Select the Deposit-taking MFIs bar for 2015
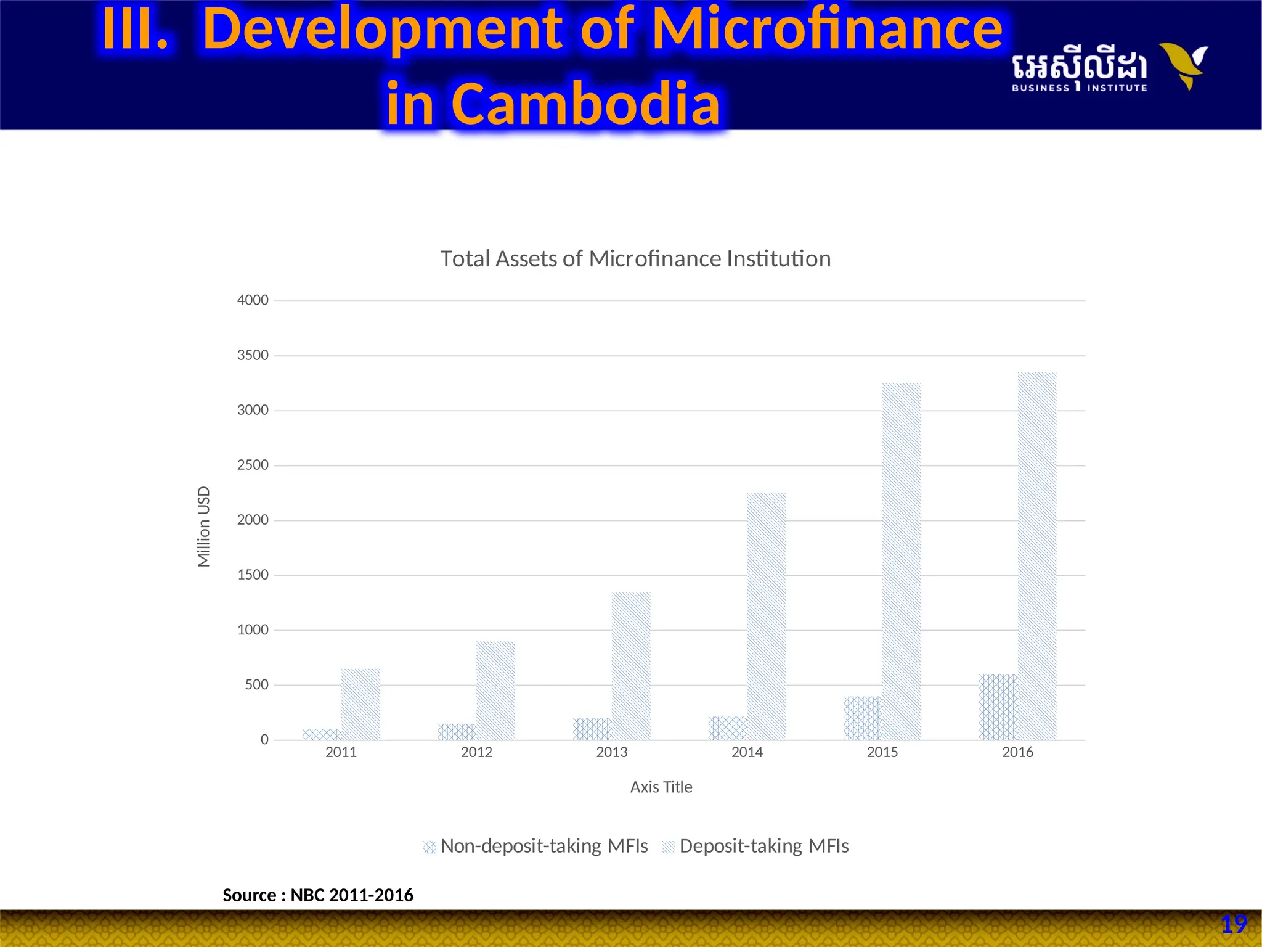902,562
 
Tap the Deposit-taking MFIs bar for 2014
767,617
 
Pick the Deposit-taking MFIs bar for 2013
631,666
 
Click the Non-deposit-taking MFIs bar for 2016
998,707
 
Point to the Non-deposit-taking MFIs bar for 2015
863,718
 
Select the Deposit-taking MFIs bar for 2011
360,704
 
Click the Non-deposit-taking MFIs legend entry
535,846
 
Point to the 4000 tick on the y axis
253,300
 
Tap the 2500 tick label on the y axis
253,465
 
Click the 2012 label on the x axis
476,752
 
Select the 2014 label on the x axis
747,752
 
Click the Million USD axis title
204,527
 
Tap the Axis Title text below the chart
661,787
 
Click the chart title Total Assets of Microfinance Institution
635,259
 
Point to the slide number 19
1234,925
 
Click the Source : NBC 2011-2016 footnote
318,895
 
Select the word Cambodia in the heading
585,104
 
